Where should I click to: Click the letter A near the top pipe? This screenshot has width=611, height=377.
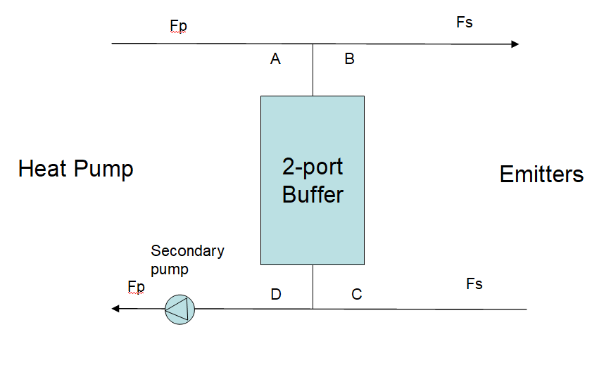[x=275, y=60]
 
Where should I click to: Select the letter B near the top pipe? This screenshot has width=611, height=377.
[x=349, y=60]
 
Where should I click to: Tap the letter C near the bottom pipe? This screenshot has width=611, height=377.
[x=357, y=295]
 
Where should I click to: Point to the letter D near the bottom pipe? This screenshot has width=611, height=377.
[x=276, y=295]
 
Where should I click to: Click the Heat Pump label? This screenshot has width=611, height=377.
[x=75, y=170]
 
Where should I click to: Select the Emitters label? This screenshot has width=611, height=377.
[x=541, y=174]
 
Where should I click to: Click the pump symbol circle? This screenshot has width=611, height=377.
[x=179, y=309]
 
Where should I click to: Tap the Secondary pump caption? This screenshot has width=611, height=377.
[x=187, y=260]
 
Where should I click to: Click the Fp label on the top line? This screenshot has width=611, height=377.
[x=179, y=27]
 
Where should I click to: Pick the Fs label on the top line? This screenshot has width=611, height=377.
[x=465, y=23]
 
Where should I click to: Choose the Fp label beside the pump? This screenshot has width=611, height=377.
[x=137, y=286]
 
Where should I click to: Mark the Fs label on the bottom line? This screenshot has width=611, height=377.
[x=474, y=284]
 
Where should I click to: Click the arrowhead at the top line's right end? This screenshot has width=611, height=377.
[x=515, y=44]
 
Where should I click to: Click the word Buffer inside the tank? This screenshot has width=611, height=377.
[x=313, y=194]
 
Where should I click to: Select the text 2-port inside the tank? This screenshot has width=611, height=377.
[x=313, y=167]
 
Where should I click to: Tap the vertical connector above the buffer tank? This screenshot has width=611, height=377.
[x=313, y=70]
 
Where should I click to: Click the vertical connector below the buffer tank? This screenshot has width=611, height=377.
[x=313, y=287]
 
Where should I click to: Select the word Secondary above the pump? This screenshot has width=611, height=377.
[x=187, y=251]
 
